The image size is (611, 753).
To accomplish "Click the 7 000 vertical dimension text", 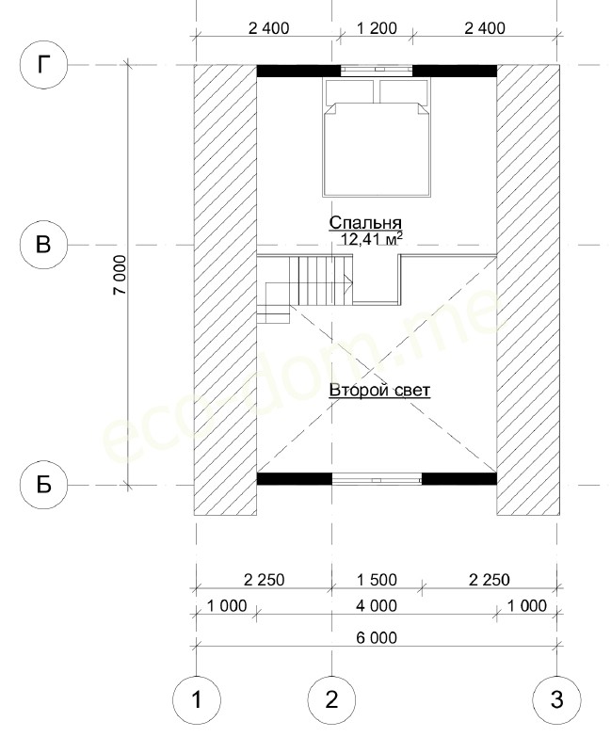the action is click(120, 275).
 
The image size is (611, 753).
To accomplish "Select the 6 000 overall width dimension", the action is click(377, 638).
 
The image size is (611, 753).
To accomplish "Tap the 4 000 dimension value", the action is click(377, 606).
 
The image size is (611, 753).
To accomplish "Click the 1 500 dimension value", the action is click(377, 580).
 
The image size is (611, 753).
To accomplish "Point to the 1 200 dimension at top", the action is click(377, 28).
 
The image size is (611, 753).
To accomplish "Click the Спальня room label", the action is click(365, 223).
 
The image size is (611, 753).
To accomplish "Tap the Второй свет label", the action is click(379, 391).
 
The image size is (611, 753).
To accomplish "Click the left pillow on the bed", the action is click(350, 91).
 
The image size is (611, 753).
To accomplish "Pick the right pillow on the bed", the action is click(404, 91).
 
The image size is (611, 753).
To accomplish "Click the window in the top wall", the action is click(377, 72).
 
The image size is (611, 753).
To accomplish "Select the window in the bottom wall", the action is click(377, 479).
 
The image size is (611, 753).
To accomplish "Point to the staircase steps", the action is click(321, 280).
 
